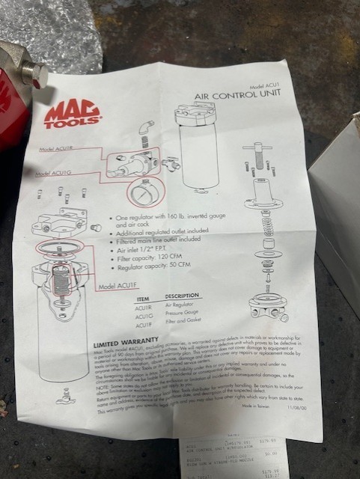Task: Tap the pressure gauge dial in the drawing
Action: (x=139, y=195)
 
